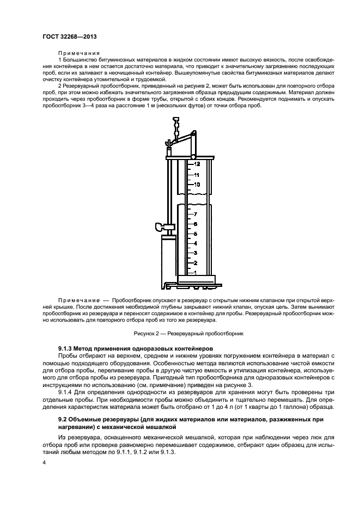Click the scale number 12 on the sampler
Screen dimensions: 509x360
coord(197,164)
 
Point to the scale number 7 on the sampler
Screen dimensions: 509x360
coord(195,214)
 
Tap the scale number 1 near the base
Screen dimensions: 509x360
coord(195,272)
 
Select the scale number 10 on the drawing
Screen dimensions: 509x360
coord(197,185)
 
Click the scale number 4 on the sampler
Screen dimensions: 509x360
coord(195,243)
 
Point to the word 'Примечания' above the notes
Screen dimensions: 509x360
coord(75,53)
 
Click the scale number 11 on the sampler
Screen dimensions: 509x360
coord(197,175)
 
